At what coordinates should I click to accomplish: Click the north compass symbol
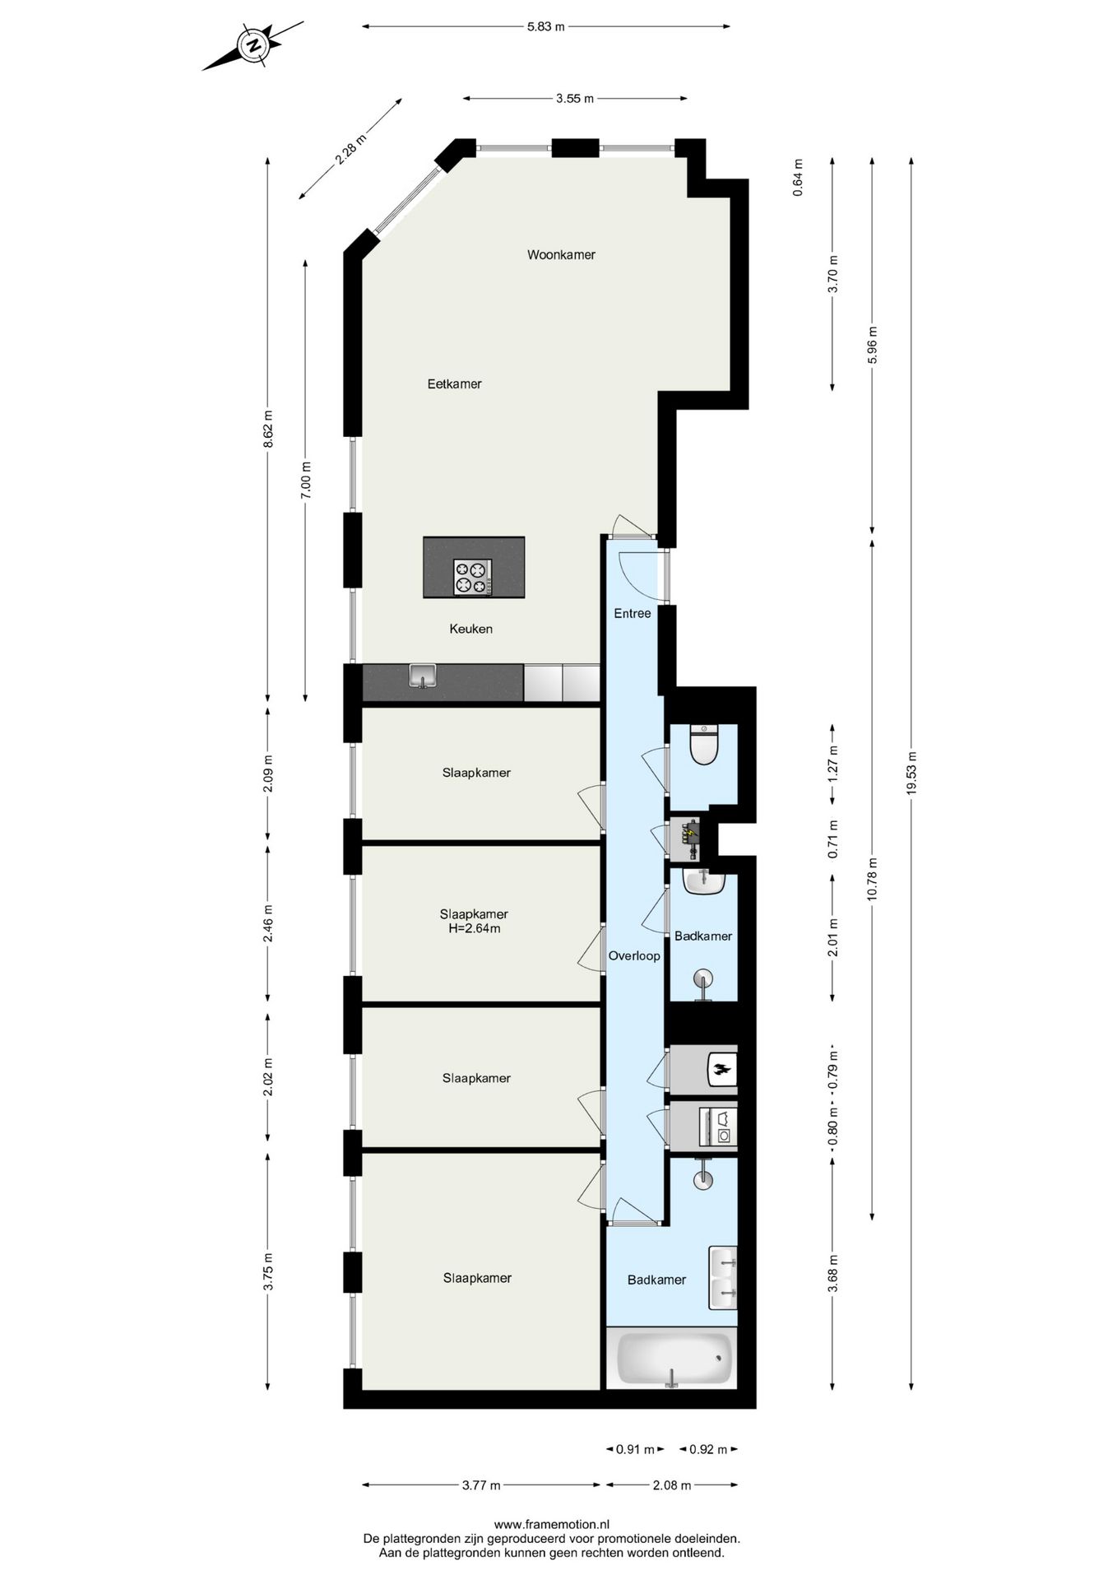click(x=254, y=45)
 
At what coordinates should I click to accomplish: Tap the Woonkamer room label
click(x=561, y=255)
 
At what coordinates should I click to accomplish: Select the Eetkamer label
click(x=454, y=384)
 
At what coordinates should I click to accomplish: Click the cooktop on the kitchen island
click(x=473, y=576)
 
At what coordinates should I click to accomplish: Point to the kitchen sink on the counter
click(x=423, y=677)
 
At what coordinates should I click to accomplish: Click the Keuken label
click(x=470, y=630)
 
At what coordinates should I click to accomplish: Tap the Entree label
click(x=633, y=614)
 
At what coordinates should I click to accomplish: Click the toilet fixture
click(x=704, y=746)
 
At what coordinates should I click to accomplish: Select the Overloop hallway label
click(x=633, y=956)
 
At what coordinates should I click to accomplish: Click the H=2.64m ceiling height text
click(x=474, y=929)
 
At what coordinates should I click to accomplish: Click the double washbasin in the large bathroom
click(x=723, y=1277)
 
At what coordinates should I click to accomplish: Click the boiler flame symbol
click(x=721, y=1071)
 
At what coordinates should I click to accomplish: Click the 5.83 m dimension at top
click(x=546, y=26)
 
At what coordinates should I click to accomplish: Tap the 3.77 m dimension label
click(x=481, y=1485)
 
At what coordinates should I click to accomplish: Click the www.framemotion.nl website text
click(x=551, y=1525)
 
